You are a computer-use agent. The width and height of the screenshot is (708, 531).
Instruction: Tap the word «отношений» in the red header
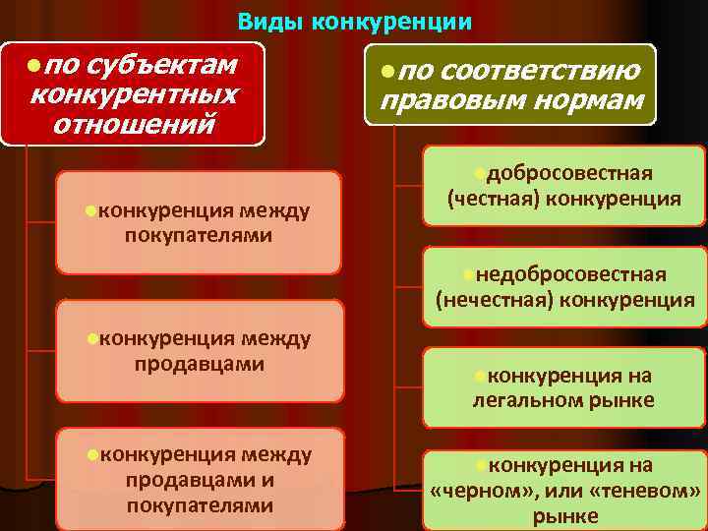click(x=134, y=126)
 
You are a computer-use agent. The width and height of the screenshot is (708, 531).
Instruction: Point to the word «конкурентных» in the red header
click(x=134, y=95)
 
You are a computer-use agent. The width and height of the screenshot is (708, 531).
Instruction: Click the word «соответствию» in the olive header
click(x=540, y=71)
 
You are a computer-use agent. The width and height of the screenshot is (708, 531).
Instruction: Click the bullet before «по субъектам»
click(x=34, y=65)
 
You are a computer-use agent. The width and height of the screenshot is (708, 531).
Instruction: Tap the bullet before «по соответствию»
click(x=388, y=71)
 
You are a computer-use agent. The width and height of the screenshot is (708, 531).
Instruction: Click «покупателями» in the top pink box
click(x=199, y=236)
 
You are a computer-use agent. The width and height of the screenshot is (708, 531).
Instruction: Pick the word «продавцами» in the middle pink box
click(x=199, y=364)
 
